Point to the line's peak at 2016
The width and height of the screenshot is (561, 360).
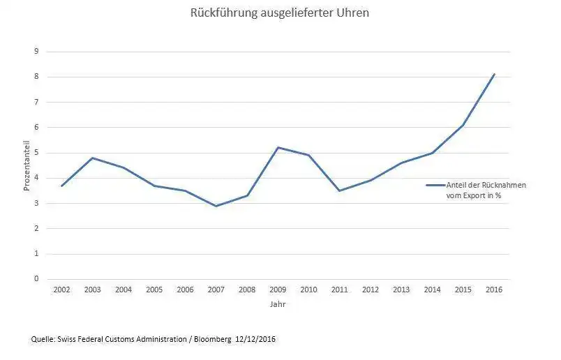pos(494,74)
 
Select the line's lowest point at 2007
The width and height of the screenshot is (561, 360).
pos(216,206)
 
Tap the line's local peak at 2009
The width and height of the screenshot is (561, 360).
pos(278,147)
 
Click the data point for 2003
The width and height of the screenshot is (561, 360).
pos(92,158)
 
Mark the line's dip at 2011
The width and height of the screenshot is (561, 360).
pos(339,190)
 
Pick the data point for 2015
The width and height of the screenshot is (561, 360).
pos(463,125)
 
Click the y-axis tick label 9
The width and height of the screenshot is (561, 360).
pos(37,52)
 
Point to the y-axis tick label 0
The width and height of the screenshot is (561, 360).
pos(37,279)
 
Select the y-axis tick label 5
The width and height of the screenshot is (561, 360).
pos(37,153)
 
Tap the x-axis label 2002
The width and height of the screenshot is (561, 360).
pos(61,290)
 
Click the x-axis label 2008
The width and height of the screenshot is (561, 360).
pos(247,290)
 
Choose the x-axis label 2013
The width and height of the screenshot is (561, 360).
pos(401,290)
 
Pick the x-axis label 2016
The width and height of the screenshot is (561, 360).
pos(494,290)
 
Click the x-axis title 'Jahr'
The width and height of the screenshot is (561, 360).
pos(277,304)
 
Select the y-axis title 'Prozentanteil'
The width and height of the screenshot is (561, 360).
pos(27,165)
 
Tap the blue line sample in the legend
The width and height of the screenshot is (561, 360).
pos(435,186)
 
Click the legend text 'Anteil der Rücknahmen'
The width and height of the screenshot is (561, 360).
pos(486,186)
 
